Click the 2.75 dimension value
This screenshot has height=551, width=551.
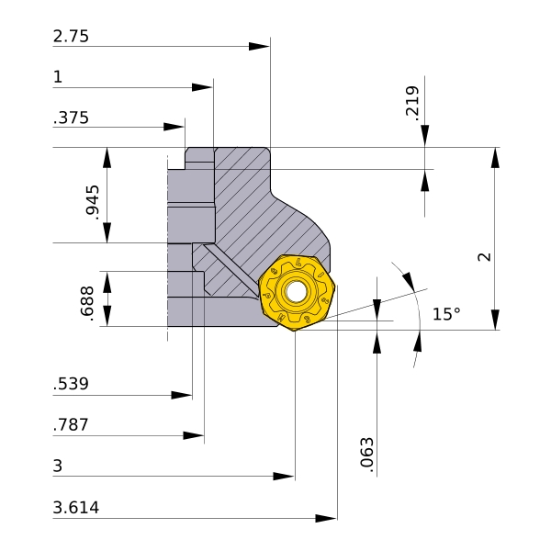(x=71, y=36)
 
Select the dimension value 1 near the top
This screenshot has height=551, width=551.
(x=58, y=77)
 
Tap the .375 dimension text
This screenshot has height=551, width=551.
(x=71, y=118)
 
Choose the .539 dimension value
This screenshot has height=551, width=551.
(x=71, y=384)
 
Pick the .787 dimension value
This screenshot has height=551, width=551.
(x=71, y=425)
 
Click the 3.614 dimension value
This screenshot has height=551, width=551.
(x=76, y=508)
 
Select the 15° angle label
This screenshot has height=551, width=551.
(x=446, y=314)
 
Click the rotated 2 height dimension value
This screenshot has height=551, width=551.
(x=485, y=257)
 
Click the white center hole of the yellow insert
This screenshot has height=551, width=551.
(x=296, y=291)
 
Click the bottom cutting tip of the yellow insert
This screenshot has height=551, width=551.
(x=295, y=331)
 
